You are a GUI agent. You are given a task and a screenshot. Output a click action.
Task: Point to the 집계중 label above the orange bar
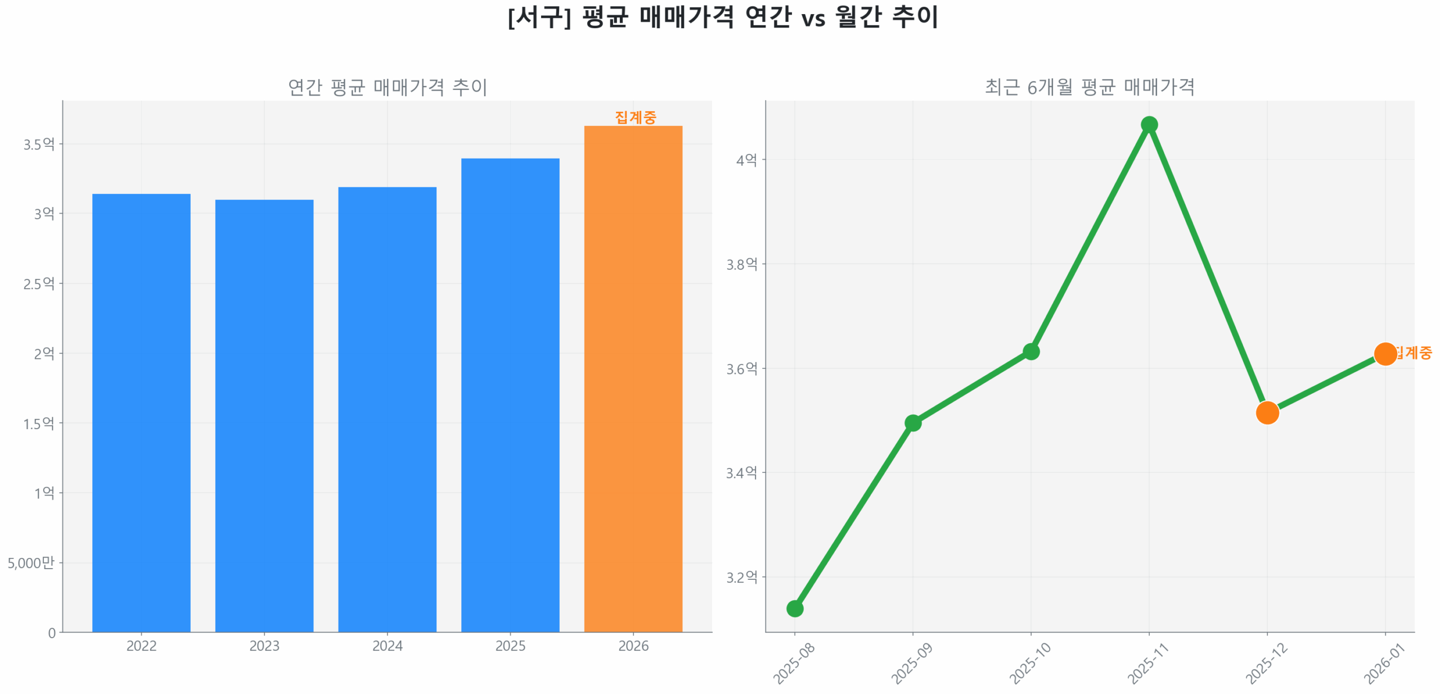tap(635, 117)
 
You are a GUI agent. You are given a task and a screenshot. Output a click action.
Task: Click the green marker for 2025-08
tap(794, 608)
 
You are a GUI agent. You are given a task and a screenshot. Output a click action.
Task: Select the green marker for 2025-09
tap(912, 422)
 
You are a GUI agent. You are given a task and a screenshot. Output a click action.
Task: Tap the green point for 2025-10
tap(1030, 351)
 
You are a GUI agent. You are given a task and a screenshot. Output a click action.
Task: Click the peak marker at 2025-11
tap(1149, 124)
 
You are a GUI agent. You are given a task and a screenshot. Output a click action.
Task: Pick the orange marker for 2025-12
tap(1267, 413)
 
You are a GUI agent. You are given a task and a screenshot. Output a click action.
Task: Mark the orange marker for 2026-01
tap(1384, 354)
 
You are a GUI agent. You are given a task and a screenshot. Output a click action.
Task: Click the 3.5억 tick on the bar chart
tap(39, 144)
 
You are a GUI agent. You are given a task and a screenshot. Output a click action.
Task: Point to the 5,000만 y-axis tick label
tap(31, 562)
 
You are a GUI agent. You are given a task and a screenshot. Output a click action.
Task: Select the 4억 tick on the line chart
tap(746, 160)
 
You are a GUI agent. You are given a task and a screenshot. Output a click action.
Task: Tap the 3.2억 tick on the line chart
tap(741, 577)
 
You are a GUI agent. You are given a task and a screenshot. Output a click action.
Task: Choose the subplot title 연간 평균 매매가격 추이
tap(387, 87)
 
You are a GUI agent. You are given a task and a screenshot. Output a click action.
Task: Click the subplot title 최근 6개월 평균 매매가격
tap(1089, 87)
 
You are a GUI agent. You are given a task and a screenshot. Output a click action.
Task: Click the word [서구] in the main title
tap(539, 17)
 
